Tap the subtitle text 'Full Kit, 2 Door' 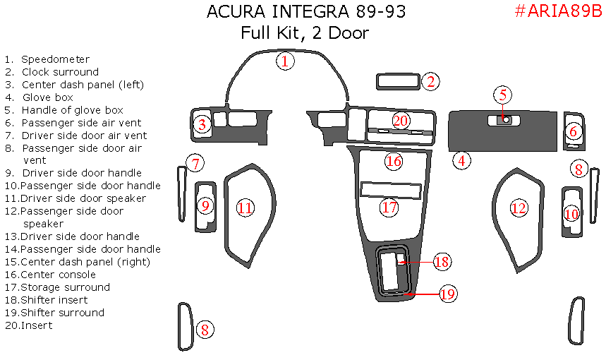point(305,32)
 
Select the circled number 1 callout point(285,61)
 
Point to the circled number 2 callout point(431,81)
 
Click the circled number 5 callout point(502,95)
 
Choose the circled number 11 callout point(245,208)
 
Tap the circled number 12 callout point(519,208)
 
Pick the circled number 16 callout point(393,162)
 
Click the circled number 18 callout point(442,262)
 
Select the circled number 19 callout point(448,294)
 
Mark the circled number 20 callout point(401,121)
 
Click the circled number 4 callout point(461,161)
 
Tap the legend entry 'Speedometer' point(55,59)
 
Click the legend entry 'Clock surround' point(60,72)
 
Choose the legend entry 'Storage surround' point(65,287)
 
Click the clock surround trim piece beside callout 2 point(398,82)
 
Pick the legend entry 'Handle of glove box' point(72,110)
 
